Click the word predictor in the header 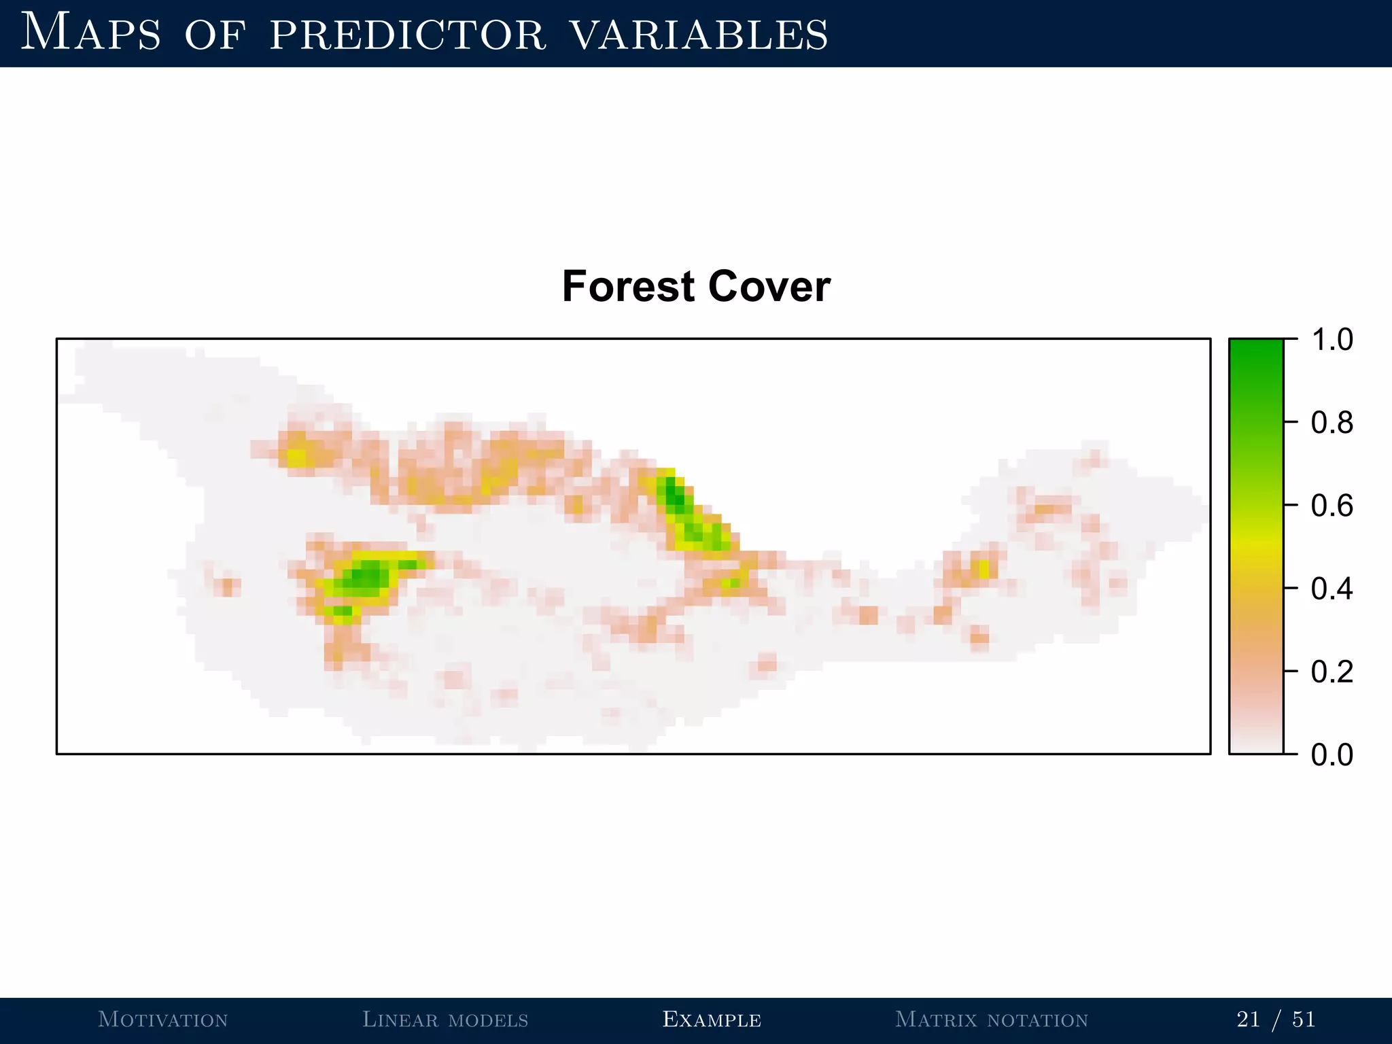pos(408,35)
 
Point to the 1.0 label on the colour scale pos(1332,339)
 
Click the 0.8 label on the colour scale pos(1332,423)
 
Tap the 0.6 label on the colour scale pos(1332,506)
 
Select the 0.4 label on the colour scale pos(1332,589)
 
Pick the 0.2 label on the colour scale pos(1332,672)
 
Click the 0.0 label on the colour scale pos(1332,754)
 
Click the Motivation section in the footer pos(163,1020)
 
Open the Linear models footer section pos(445,1020)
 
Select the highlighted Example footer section pos(712,1020)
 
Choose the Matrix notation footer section pos(992,1020)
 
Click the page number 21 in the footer pos(1248,1020)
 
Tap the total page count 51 pos(1304,1020)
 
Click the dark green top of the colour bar pos(1256,350)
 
